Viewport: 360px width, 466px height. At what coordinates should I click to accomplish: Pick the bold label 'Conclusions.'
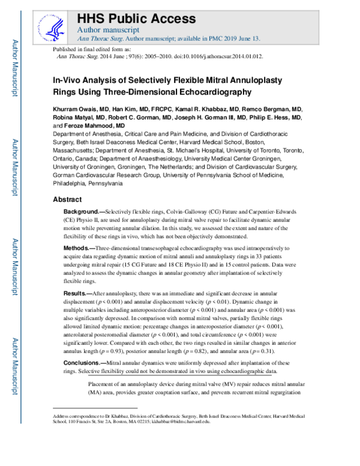tap(83, 363)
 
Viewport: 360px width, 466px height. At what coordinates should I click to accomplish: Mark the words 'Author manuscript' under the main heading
tap(109, 29)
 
